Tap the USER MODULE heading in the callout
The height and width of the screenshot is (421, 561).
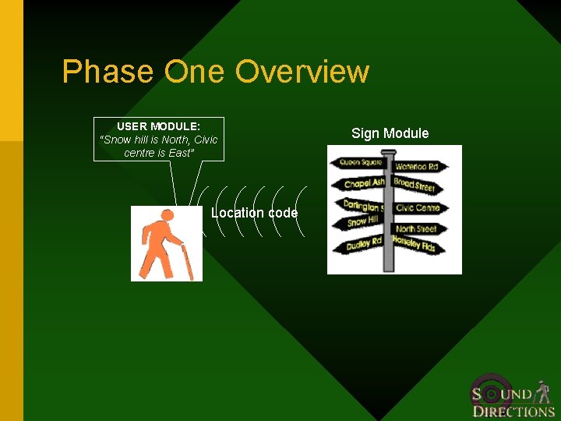coord(158,126)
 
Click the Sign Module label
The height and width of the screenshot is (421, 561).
coord(390,133)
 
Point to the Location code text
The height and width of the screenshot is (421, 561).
coord(254,213)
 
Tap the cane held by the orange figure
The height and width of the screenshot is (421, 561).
coord(186,261)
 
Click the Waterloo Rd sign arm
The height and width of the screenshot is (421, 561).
coord(416,166)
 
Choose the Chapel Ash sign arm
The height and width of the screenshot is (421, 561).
coord(363,184)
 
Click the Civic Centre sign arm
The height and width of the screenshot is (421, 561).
coord(418,208)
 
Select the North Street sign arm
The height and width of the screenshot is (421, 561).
coord(416,228)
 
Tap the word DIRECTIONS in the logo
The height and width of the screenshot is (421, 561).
coord(513,412)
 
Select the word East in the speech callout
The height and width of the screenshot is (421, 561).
coord(180,153)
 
